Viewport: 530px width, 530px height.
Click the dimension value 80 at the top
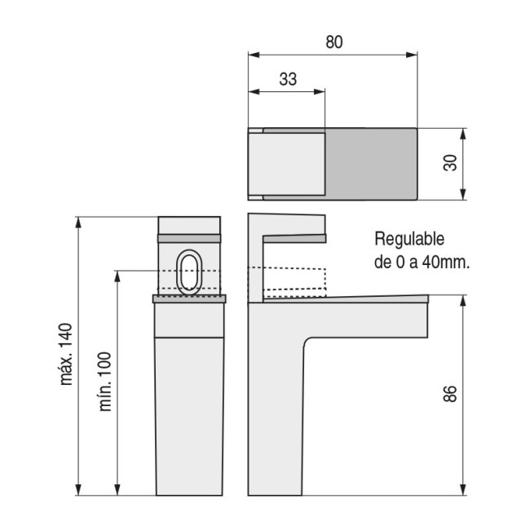click(x=333, y=43)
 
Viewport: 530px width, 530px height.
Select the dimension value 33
click(x=287, y=79)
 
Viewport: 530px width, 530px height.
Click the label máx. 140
click(x=66, y=354)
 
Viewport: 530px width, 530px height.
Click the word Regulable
click(x=409, y=239)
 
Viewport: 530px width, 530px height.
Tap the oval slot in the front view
click(x=188, y=271)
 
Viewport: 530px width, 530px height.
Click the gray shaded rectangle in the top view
click(x=371, y=164)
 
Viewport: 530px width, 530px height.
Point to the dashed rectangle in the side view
click(x=294, y=281)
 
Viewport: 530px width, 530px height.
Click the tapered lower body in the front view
click(x=188, y=416)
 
